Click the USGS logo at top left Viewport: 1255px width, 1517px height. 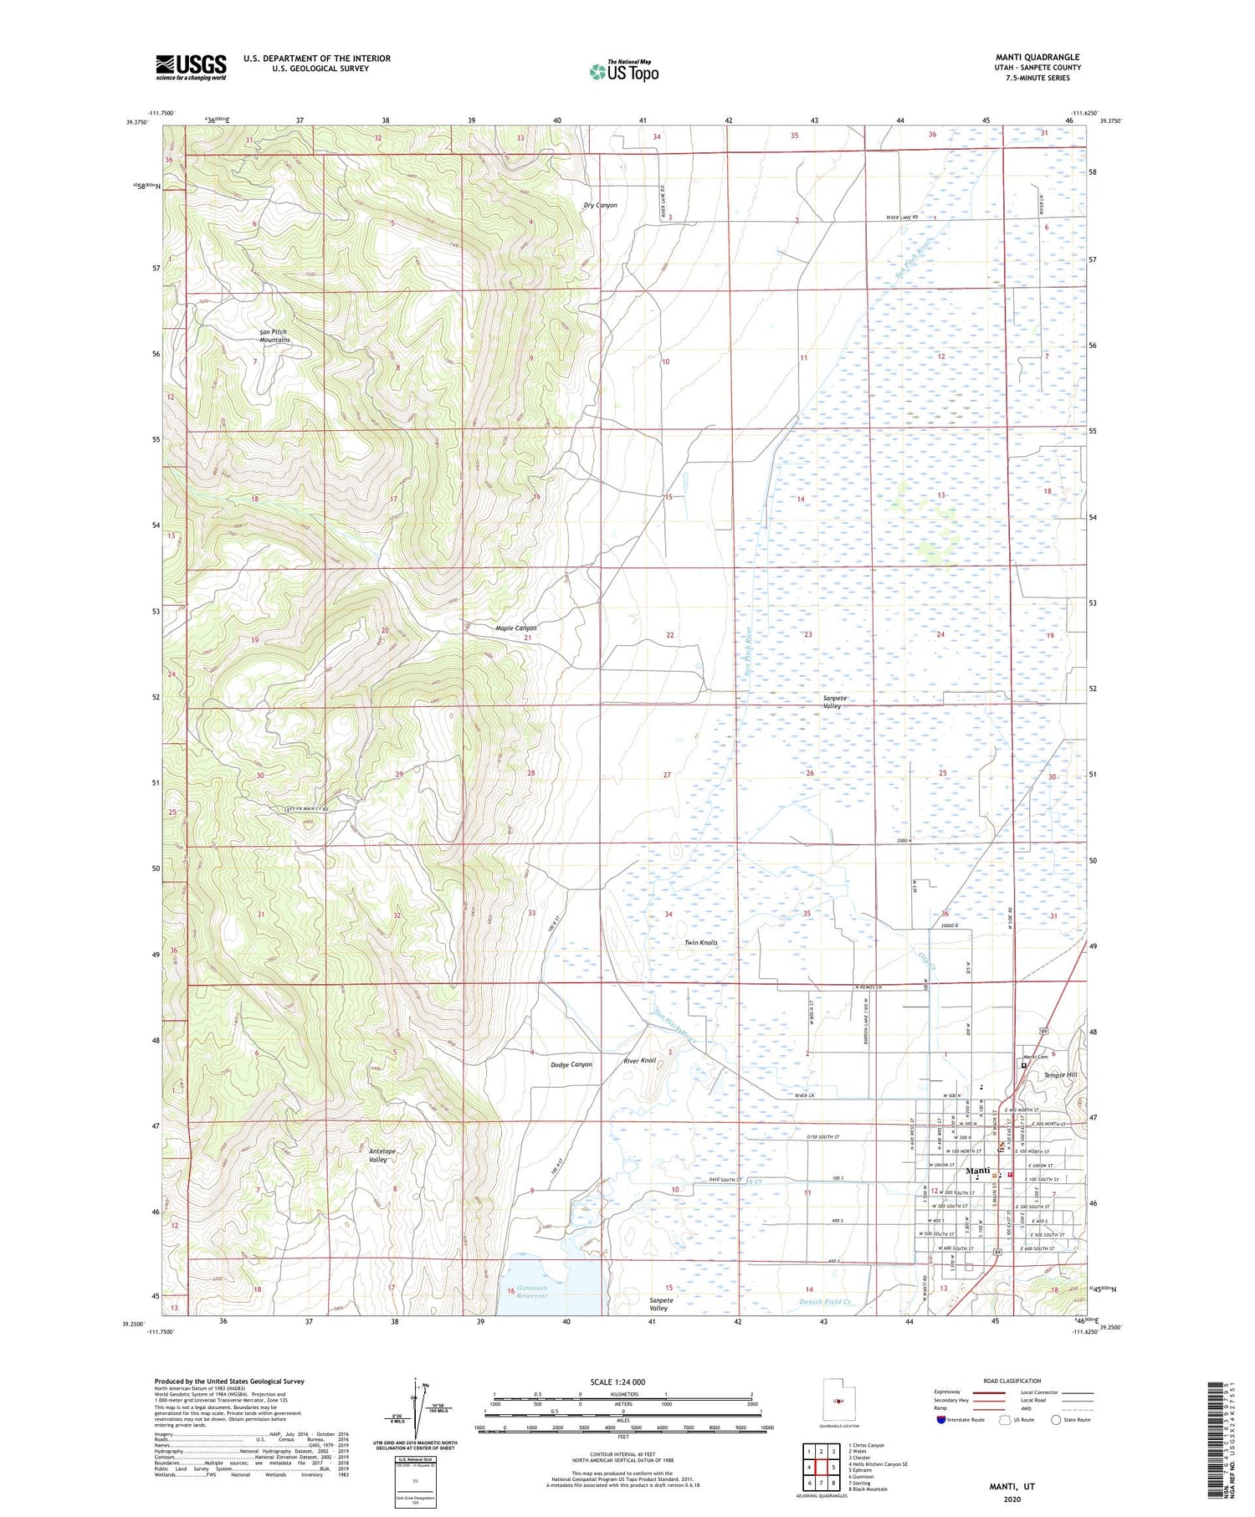click(191, 67)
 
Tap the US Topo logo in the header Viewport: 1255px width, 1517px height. click(624, 71)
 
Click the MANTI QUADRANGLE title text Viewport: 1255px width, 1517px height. click(1037, 57)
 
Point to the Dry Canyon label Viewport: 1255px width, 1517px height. click(600, 205)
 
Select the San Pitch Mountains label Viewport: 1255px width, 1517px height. click(274, 336)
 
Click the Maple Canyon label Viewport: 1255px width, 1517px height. click(515, 628)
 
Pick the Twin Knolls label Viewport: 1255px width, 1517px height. click(700, 942)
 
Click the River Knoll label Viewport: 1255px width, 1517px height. click(640, 1061)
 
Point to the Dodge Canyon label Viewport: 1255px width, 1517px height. click(571, 1064)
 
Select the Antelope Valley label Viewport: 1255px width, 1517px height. click(382, 1156)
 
